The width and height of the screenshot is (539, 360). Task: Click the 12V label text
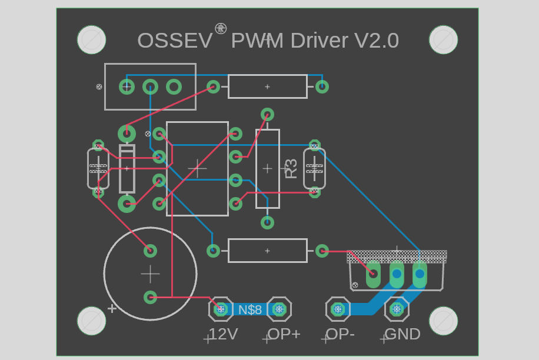(224, 334)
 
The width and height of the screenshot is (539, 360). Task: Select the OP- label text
(340, 334)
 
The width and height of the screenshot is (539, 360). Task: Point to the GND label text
(402, 334)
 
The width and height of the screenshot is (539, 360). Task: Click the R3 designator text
(291, 168)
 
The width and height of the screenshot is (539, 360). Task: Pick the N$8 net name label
(250, 310)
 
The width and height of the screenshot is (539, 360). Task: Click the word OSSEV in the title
(175, 41)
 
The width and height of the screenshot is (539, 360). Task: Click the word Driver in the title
(319, 41)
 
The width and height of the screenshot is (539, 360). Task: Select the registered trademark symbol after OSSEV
(221, 28)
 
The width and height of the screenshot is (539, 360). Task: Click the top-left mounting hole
(91, 39)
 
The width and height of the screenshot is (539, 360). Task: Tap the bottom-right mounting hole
(444, 321)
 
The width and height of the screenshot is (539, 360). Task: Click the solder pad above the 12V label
(221, 309)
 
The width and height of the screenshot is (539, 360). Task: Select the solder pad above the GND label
(397, 309)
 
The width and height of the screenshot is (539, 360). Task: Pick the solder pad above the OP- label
(338, 309)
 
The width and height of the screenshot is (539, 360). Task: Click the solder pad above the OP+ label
(279, 309)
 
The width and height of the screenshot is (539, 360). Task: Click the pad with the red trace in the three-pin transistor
(373, 274)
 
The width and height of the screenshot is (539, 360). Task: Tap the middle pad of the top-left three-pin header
(150, 87)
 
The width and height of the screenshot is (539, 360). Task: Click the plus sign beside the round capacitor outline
(112, 308)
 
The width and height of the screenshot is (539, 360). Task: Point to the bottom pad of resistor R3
(267, 222)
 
